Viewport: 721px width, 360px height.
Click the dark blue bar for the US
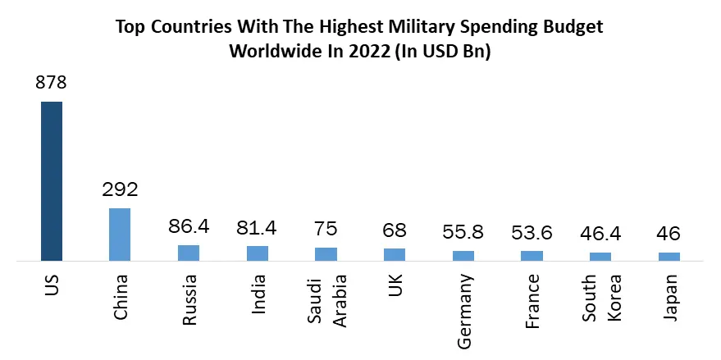[x=52, y=180]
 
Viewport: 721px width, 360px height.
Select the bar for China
[x=120, y=235]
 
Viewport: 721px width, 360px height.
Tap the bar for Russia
[x=189, y=253]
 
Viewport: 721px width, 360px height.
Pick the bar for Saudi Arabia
[x=326, y=254]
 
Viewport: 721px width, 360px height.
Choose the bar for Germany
[x=463, y=256]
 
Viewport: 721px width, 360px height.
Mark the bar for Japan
[x=669, y=257]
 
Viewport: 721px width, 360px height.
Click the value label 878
[x=51, y=83]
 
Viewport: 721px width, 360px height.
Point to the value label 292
[x=120, y=189]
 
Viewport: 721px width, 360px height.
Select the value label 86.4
[x=189, y=226]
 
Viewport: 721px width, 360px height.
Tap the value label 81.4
[x=257, y=227]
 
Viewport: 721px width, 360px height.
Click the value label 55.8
[x=463, y=233]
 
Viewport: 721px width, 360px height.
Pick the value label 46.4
[x=600, y=235]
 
